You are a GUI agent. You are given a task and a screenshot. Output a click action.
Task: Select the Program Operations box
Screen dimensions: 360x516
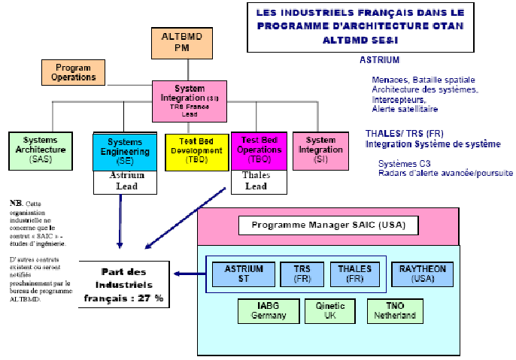click(74, 72)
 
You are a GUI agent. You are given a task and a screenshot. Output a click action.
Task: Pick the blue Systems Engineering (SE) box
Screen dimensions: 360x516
click(124, 151)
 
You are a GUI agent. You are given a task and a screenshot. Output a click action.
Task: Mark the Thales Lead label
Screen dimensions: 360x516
click(255, 180)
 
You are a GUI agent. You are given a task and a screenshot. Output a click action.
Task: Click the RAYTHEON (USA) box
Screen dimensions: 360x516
click(423, 274)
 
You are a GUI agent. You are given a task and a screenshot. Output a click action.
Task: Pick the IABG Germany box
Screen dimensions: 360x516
click(268, 311)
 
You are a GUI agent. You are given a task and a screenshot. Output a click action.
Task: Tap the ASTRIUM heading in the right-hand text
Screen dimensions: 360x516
click(380, 59)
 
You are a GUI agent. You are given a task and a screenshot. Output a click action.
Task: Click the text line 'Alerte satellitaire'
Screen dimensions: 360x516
click(405, 109)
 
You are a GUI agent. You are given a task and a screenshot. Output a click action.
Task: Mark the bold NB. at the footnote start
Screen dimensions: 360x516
click(16, 203)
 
